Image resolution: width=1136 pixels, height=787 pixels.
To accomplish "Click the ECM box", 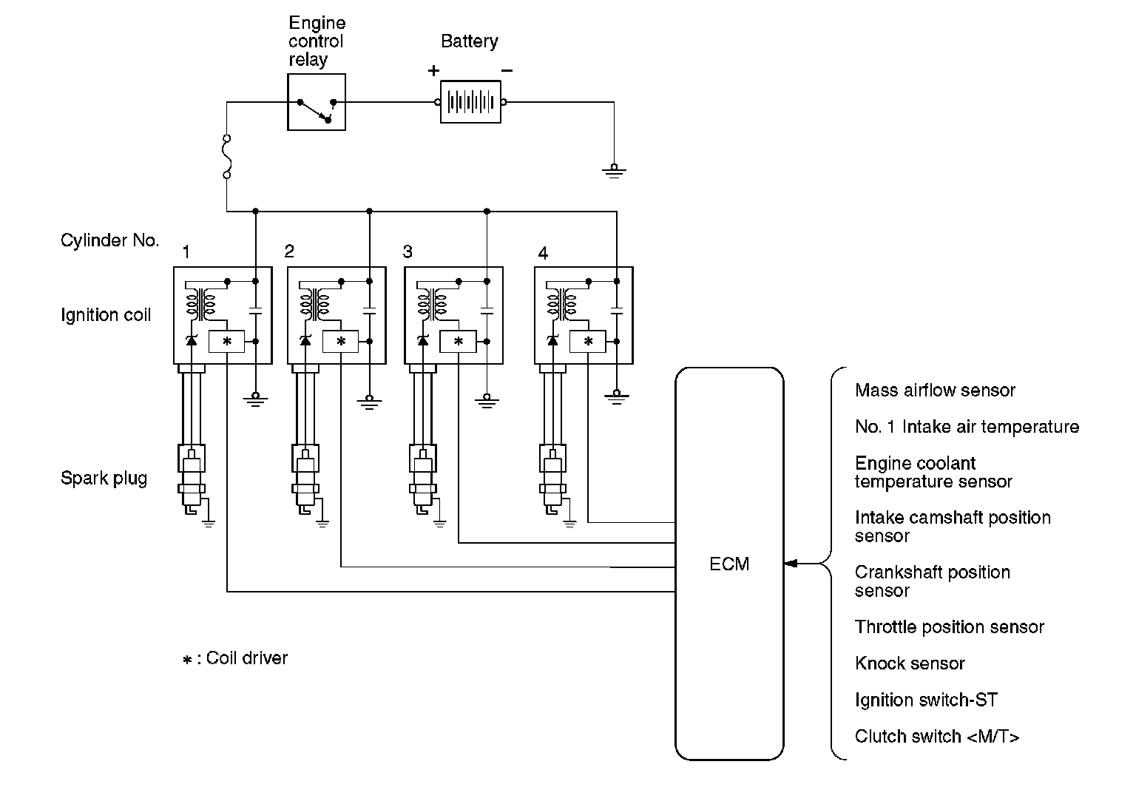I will pyautogui.click(x=729, y=564).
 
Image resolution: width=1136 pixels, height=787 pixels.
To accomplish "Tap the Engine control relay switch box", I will pyautogui.click(x=317, y=102).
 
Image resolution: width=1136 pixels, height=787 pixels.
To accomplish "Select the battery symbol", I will pyautogui.click(x=470, y=102).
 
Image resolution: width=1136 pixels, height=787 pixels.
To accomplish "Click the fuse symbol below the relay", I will pyautogui.click(x=227, y=156).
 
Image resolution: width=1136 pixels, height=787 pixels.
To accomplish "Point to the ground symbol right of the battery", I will pyautogui.click(x=614, y=171).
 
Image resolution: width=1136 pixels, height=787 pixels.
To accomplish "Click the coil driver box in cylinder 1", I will pyautogui.click(x=227, y=342).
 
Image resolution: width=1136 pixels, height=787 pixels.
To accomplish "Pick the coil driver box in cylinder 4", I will pyautogui.click(x=588, y=342).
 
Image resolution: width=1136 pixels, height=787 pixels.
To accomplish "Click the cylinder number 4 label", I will pyautogui.click(x=544, y=254).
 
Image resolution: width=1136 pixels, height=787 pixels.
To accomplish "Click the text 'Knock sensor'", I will pyautogui.click(x=910, y=663).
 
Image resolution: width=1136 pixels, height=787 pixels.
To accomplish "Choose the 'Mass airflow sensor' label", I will pyautogui.click(x=935, y=391).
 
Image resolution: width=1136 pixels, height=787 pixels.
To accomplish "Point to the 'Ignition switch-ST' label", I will pyautogui.click(x=926, y=700).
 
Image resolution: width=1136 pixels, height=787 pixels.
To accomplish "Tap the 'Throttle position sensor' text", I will pyautogui.click(x=949, y=627).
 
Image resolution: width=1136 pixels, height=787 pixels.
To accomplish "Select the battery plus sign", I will pyautogui.click(x=433, y=71).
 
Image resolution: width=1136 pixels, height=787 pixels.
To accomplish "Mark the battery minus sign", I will pyautogui.click(x=507, y=71).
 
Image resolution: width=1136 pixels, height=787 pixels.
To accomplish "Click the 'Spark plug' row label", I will pyautogui.click(x=104, y=478).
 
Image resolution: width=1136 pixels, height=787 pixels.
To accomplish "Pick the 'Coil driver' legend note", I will pyautogui.click(x=235, y=658).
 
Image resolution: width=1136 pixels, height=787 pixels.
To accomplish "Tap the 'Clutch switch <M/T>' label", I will pyautogui.click(x=937, y=737).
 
